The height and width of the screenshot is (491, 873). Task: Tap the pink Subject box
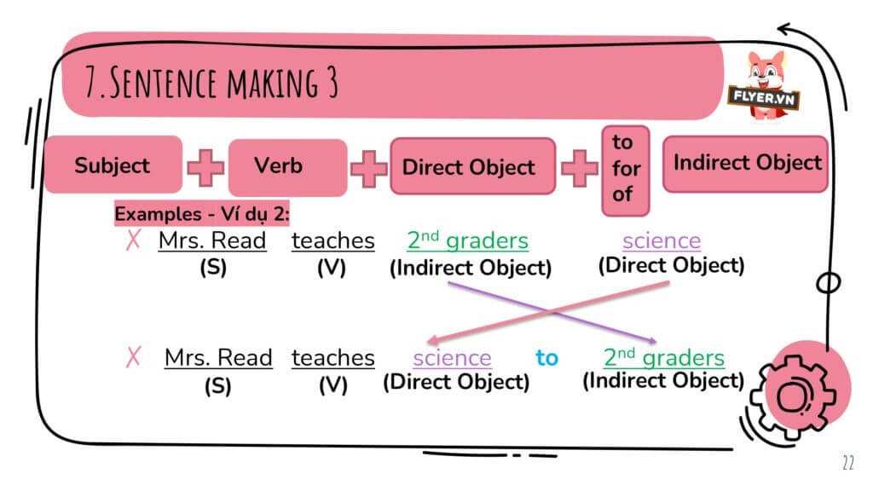(x=112, y=165)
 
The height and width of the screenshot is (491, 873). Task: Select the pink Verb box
(x=278, y=165)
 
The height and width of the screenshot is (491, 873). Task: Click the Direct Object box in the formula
(x=469, y=167)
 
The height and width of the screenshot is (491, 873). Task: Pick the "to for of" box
(x=626, y=169)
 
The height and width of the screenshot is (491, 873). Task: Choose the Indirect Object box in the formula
(x=747, y=163)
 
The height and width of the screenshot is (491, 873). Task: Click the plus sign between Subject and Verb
(x=205, y=167)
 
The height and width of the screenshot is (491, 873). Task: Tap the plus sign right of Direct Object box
(x=579, y=167)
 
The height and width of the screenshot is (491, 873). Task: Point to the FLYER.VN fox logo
(x=764, y=85)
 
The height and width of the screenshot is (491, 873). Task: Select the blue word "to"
(x=546, y=358)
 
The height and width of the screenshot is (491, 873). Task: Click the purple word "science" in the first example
(x=661, y=240)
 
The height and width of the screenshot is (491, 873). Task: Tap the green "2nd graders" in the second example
(x=663, y=357)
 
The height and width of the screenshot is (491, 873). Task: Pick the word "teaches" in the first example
(x=332, y=240)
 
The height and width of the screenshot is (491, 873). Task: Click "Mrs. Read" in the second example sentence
(x=218, y=357)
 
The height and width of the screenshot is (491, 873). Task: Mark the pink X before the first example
(x=133, y=240)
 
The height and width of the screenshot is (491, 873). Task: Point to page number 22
(x=847, y=464)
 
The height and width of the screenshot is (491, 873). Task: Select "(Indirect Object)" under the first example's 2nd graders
(x=470, y=268)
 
